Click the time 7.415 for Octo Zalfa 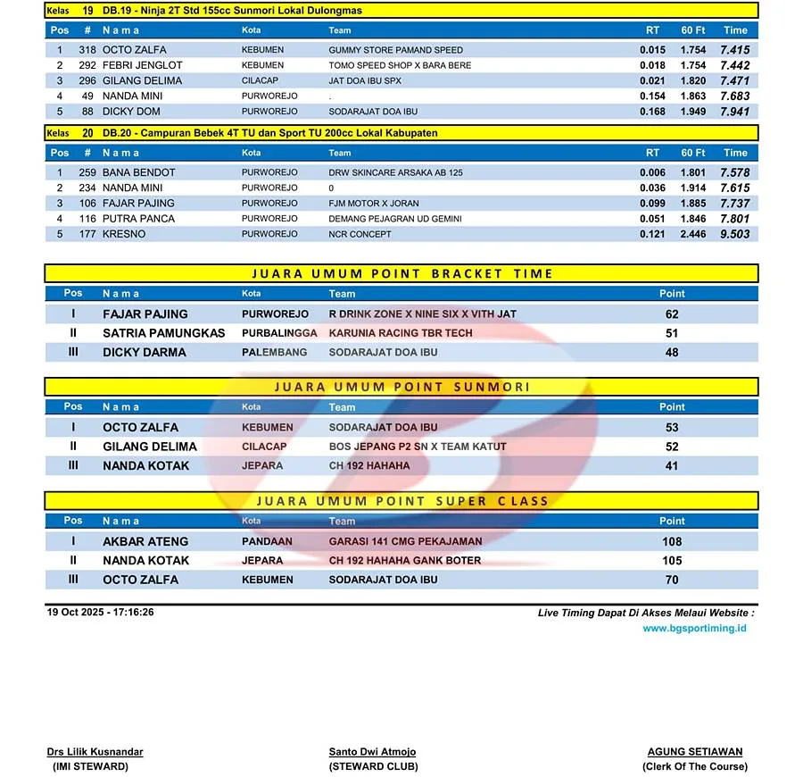click(734, 50)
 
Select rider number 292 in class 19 click(87, 65)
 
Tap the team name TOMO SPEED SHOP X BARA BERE click(400, 65)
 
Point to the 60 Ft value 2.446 click(692, 234)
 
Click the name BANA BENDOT click(138, 172)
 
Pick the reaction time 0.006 click(652, 172)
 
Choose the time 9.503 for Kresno click(734, 234)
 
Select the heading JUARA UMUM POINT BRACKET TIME click(402, 273)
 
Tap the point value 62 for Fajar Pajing click(672, 314)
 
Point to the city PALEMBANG click(274, 352)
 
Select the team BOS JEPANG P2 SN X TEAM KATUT click(417, 447)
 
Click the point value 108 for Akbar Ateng click(672, 541)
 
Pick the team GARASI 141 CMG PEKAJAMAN click(405, 541)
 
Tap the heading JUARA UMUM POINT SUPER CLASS click(402, 501)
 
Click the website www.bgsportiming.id click(694, 629)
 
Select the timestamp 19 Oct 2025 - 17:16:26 click(100, 613)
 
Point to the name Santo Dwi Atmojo click(372, 752)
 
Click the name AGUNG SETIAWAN click(695, 752)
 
